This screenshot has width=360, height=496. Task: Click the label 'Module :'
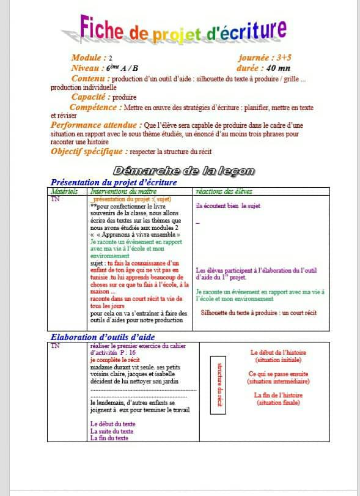pos(89,57)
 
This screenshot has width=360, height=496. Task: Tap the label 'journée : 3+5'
pos(265,57)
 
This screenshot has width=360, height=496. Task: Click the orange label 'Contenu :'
pos(90,78)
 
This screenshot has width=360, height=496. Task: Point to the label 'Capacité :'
pos(91,97)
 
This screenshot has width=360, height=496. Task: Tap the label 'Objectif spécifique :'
pos(89,151)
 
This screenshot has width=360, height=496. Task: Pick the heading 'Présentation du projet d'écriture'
pos(114,182)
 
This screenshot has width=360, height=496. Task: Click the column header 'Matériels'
pos(64,191)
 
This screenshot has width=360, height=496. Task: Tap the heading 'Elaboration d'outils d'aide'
pos(103,337)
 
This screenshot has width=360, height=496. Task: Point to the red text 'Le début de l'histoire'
pos(278,352)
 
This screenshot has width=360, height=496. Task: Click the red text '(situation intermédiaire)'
pos(279,381)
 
